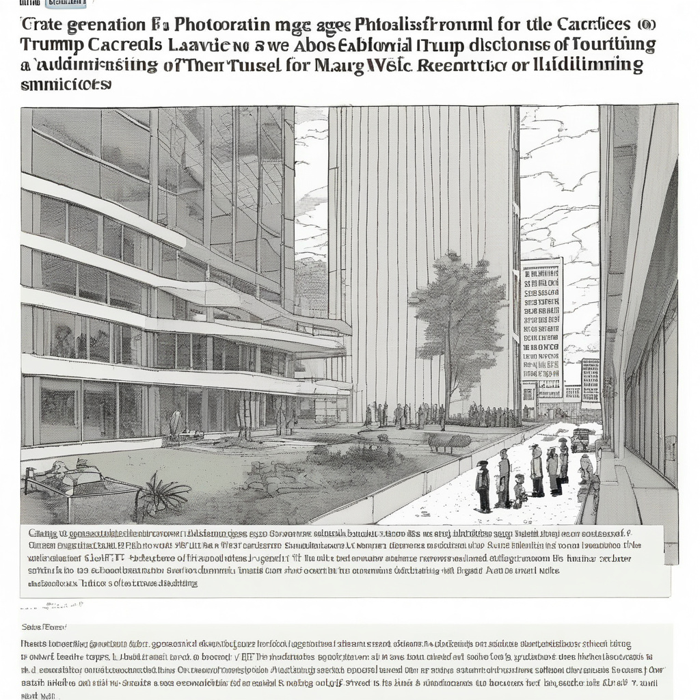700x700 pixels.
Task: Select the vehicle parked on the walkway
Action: [x=580, y=439]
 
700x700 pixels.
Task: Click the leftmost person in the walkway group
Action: [x=483, y=486]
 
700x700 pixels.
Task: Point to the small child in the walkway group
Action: [x=520, y=489]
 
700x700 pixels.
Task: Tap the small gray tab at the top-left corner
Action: [x=66, y=3]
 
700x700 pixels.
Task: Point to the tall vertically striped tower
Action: [x=420, y=260]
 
